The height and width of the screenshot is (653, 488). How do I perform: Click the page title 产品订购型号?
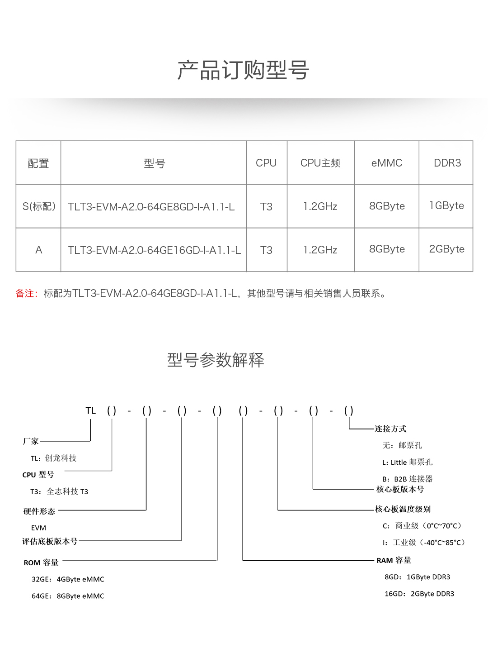click(243, 70)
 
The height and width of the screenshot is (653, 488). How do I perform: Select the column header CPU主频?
click(320, 163)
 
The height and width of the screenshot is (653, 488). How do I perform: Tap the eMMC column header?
click(387, 163)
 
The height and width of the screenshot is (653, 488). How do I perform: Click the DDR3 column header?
click(447, 163)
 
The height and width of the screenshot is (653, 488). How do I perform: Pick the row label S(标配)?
click(39, 206)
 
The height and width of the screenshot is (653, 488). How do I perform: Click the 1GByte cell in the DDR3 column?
click(446, 206)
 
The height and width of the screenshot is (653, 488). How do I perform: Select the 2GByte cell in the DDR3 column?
click(446, 249)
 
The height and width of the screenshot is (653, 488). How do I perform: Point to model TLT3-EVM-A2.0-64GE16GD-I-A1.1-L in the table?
click(154, 250)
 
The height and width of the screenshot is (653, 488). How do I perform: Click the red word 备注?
click(25, 294)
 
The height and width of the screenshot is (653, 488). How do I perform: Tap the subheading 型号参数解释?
click(216, 360)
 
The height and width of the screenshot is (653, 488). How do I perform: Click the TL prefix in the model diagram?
click(91, 410)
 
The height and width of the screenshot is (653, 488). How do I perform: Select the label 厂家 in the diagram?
click(31, 441)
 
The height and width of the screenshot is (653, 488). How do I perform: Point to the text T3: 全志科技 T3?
click(59, 491)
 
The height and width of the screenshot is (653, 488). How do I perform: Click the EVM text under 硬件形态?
click(38, 528)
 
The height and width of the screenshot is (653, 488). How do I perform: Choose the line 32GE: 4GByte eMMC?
click(68, 579)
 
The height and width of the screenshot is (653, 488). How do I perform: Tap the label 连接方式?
click(390, 429)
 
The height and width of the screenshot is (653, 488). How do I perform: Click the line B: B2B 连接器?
click(407, 479)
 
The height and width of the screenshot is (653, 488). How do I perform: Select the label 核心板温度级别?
click(403, 509)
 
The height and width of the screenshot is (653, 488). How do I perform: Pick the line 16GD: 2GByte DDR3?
click(419, 594)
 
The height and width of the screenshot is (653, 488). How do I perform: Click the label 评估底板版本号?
click(50, 541)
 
